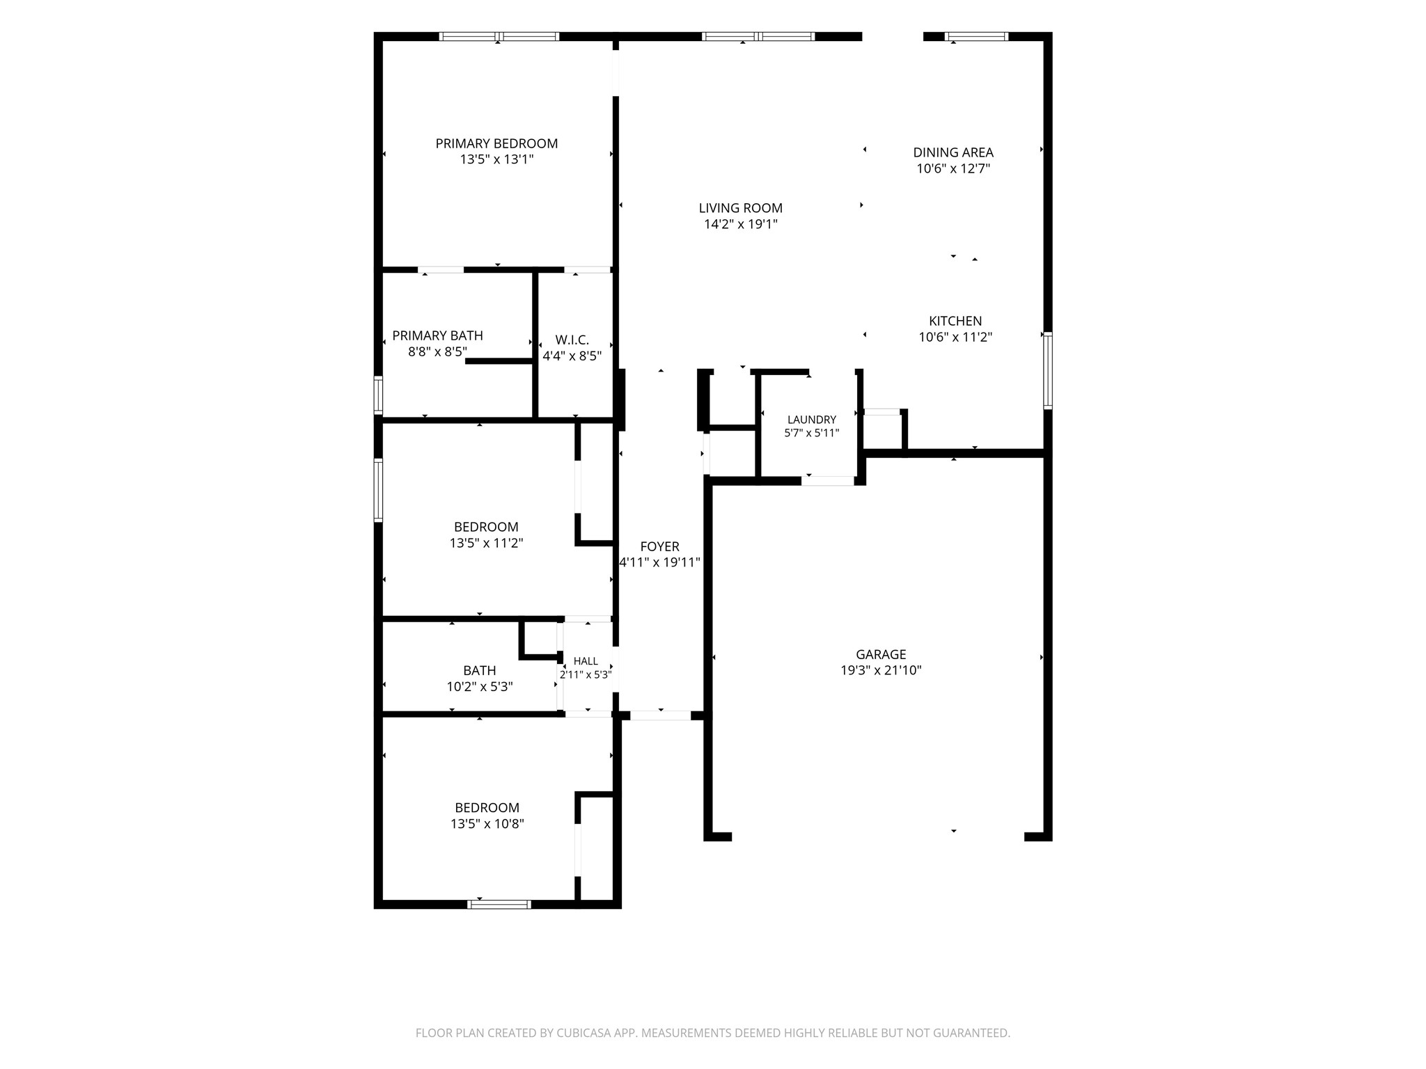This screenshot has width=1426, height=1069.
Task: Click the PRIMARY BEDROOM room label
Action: [x=496, y=143]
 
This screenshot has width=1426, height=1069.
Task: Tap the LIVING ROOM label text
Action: [x=740, y=208]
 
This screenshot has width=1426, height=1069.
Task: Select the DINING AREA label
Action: [x=953, y=152]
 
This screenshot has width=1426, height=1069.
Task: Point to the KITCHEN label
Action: [x=955, y=321]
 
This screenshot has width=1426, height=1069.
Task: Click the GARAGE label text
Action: [x=881, y=654]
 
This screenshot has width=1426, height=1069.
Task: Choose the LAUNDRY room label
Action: [x=812, y=420]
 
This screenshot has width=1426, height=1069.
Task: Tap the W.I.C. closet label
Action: [x=572, y=340]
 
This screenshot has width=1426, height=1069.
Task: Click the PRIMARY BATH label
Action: [x=437, y=335]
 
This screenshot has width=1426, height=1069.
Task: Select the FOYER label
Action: [x=660, y=547]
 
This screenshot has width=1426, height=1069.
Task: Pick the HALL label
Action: [x=586, y=661]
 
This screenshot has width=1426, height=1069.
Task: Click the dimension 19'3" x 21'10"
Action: [x=881, y=670]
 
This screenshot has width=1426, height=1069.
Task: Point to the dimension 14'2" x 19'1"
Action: [x=740, y=224]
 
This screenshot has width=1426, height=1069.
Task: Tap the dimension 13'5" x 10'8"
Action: [x=487, y=824]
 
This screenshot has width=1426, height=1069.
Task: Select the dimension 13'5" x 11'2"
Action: [x=486, y=543]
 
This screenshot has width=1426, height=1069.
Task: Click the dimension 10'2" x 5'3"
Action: [x=480, y=687]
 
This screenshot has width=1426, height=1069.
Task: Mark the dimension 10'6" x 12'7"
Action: [x=953, y=168]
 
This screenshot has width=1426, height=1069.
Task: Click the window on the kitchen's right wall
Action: [x=1047, y=370]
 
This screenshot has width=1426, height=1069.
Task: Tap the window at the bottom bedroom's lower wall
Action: [x=499, y=904]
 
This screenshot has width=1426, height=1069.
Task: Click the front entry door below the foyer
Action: [x=661, y=715]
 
